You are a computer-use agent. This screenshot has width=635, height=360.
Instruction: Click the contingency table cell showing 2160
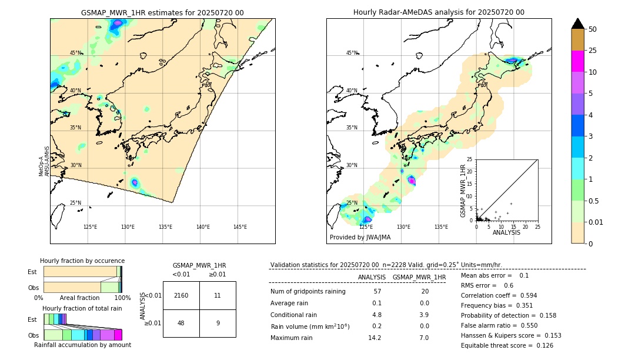point(181,295)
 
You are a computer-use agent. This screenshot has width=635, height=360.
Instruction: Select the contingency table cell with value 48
point(181,323)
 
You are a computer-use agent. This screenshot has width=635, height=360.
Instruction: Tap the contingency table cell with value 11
point(218,295)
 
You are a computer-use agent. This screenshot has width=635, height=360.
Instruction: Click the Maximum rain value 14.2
point(375,338)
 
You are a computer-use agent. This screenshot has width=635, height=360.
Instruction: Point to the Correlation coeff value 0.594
point(525,295)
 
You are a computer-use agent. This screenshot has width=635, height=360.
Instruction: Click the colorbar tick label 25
point(593,51)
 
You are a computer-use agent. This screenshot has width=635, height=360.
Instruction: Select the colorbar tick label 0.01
point(596,222)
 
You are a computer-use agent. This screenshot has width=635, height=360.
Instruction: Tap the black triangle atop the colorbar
point(578,24)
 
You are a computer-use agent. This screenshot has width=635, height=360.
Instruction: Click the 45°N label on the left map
point(75,53)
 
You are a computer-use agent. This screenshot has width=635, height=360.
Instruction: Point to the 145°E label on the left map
point(240,227)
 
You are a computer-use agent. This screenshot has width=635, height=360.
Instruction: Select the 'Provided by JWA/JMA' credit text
point(360,237)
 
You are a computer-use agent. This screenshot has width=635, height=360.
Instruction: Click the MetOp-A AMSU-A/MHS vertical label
point(44,161)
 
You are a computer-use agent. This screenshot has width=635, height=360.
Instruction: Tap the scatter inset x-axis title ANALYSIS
point(506,233)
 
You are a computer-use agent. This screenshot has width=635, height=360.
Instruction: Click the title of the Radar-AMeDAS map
point(439,12)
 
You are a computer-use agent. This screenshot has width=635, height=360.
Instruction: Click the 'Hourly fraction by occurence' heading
point(82,261)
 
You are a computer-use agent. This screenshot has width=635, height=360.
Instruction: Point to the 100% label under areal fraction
point(122,298)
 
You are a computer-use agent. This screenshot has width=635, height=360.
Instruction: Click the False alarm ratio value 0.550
point(525,325)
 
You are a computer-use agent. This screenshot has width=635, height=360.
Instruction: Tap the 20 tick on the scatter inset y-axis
point(470,171)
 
